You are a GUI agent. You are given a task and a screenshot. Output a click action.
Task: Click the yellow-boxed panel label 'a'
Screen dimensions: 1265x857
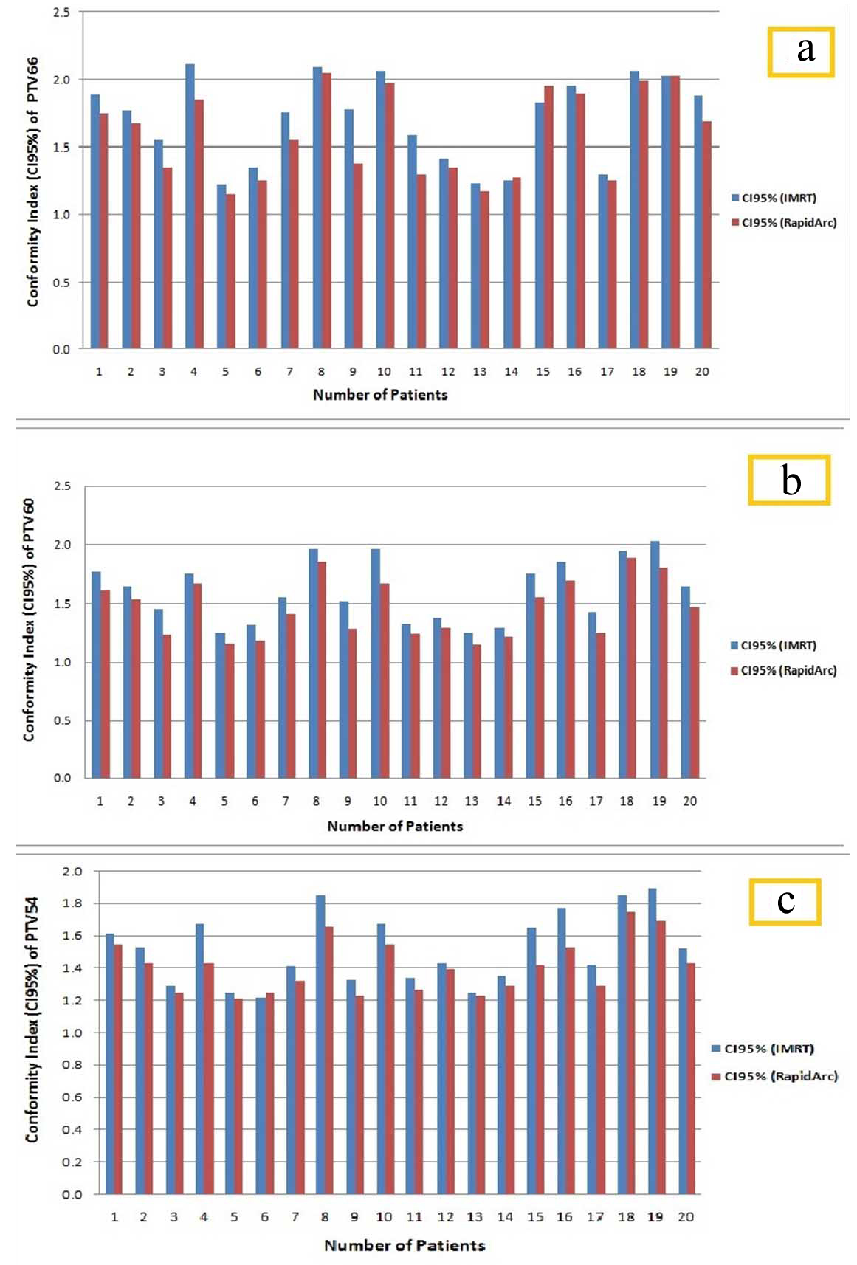tap(801, 52)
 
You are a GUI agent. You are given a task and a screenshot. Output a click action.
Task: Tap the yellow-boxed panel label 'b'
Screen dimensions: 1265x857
tap(789, 480)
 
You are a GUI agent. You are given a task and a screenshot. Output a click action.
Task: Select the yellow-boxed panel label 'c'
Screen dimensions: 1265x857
tap(785, 901)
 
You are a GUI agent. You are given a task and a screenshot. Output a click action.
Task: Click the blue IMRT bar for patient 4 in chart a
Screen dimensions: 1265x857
tap(190, 207)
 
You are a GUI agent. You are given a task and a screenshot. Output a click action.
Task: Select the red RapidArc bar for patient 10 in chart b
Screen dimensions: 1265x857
tap(385, 680)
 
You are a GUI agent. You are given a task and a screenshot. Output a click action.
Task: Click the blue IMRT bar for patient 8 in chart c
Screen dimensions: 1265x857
tap(320, 1044)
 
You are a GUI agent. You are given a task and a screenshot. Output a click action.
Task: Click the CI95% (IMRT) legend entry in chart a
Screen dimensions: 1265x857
tap(774, 198)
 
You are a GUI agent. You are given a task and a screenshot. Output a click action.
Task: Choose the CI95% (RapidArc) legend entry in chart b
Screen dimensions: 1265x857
tap(783, 671)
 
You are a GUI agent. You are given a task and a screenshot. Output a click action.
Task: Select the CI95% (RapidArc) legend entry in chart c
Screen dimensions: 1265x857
tap(774, 1077)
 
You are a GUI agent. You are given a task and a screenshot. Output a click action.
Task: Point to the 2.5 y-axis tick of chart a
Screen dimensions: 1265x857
tap(62, 13)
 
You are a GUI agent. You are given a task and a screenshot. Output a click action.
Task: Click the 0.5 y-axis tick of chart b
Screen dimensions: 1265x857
tap(63, 721)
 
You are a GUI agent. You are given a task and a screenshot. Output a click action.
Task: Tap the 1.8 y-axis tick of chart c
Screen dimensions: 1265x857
tap(72, 903)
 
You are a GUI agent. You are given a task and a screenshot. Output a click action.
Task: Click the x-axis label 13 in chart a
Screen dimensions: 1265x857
tap(480, 372)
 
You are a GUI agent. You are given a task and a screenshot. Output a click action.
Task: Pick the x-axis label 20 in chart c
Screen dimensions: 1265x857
tap(686, 1217)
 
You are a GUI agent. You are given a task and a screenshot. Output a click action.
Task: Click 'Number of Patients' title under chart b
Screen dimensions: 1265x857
tap(395, 827)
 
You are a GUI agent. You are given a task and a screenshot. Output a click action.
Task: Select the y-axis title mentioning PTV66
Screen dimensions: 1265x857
tap(33, 182)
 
